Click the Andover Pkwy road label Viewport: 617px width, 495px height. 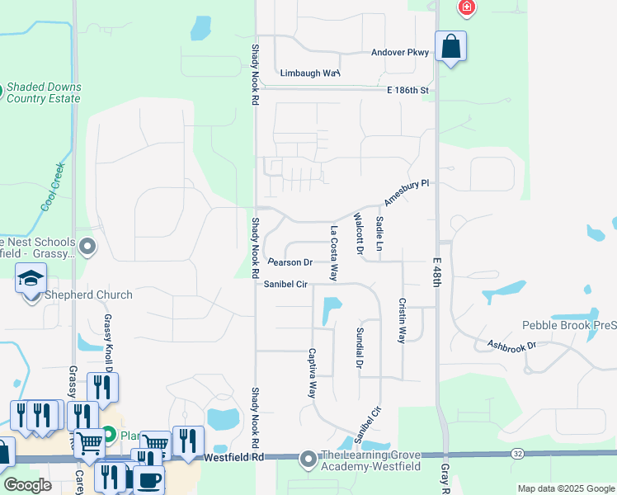point(399,53)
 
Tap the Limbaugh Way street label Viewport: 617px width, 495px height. point(309,73)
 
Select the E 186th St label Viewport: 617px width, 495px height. point(408,89)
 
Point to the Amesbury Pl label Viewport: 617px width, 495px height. point(407,192)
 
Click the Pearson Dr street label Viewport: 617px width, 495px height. point(290,262)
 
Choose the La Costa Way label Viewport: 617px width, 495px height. point(334,254)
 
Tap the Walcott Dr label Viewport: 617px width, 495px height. point(359,233)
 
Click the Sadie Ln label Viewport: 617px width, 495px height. point(379,234)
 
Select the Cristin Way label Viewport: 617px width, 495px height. point(403,320)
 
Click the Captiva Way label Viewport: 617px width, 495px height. point(313,373)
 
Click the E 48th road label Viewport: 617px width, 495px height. point(438,271)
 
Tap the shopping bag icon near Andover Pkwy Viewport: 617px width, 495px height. point(451,46)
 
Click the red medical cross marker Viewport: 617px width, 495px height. point(467,8)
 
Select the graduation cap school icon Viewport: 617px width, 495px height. point(30,277)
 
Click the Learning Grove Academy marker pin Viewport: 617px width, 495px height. point(308,458)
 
